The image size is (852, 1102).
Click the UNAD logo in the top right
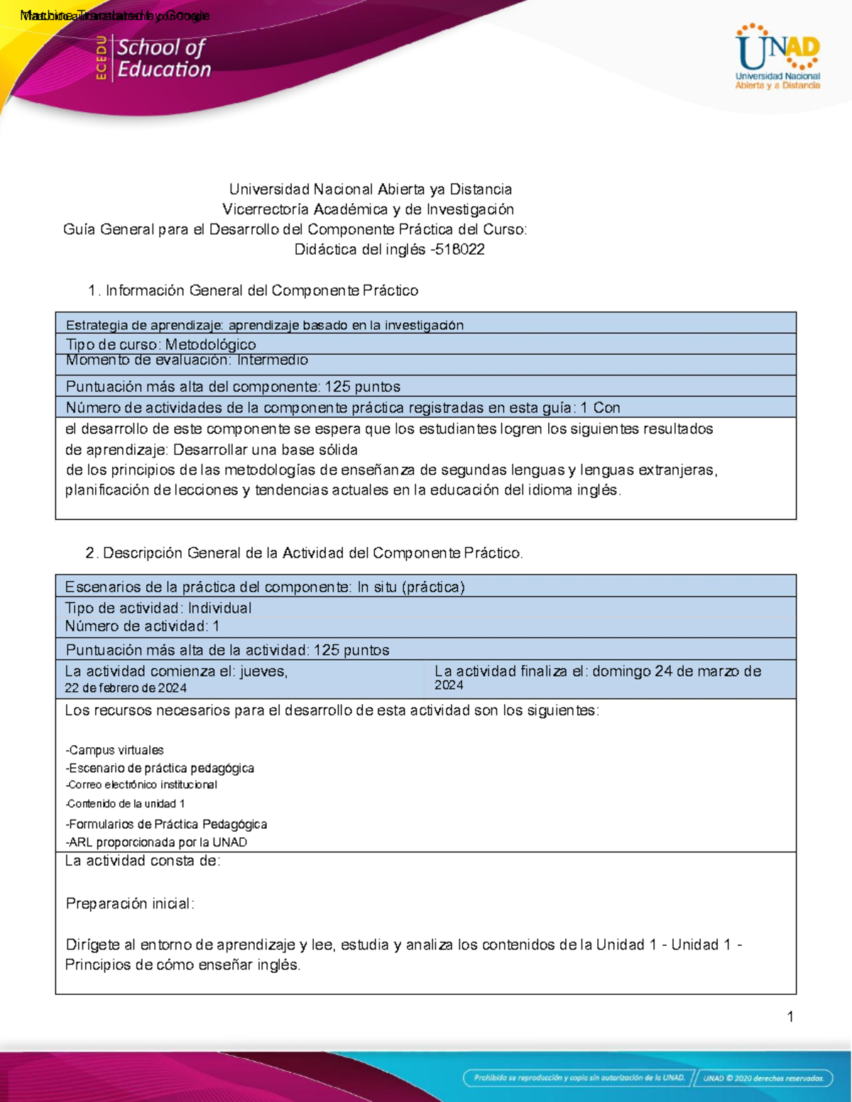coord(777,57)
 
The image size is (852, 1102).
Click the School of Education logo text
coord(163,58)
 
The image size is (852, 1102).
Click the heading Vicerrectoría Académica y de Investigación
coord(368,209)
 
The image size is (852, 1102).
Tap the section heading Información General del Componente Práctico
coord(261,291)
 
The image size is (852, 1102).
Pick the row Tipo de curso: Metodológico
coord(161,344)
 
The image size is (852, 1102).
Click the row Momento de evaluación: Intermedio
coord(187,360)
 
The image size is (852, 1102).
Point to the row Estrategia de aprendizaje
coord(264,325)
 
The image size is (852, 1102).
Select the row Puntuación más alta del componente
coord(233,387)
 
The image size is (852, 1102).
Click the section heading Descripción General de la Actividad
coord(312,553)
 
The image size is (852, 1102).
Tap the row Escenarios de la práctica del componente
coord(265,587)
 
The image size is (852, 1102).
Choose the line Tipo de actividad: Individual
coord(158,608)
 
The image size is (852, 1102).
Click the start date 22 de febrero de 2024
coord(126,688)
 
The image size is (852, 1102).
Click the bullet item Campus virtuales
coord(115,750)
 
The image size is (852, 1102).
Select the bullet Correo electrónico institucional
coord(141,785)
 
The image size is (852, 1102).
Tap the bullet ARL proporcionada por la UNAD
coord(156,842)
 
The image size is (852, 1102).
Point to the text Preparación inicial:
coord(130,903)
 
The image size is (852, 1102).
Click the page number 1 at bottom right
coord(790,1017)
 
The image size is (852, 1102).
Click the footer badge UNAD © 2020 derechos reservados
coord(763,1078)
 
